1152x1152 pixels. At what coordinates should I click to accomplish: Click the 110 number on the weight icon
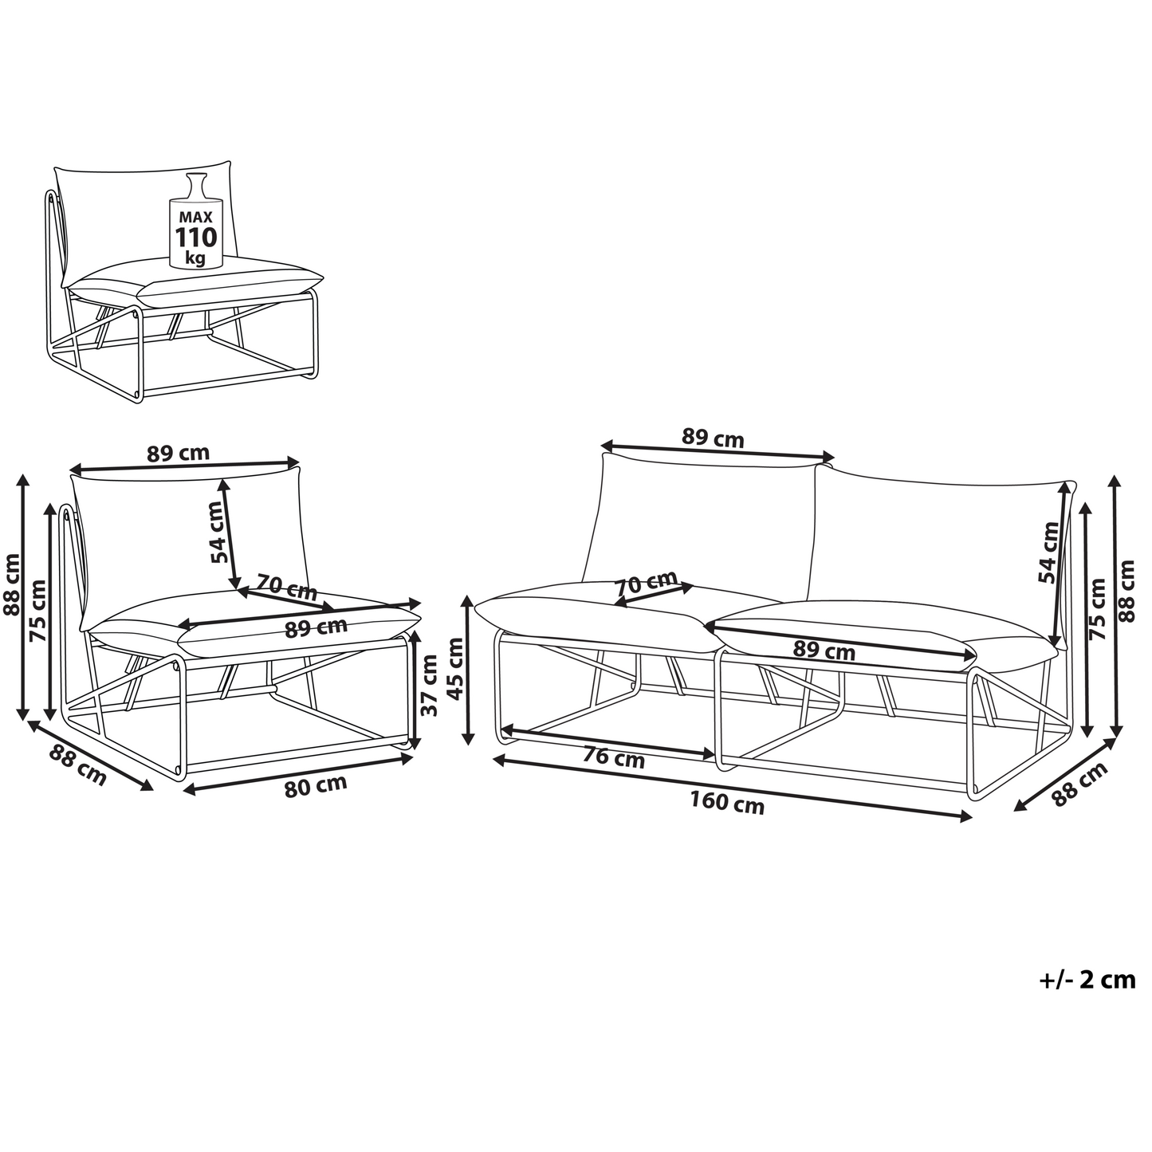pos(196,238)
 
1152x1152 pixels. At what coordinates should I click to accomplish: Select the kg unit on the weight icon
pos(195,258)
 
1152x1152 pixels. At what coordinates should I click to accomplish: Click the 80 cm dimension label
pos(315,785)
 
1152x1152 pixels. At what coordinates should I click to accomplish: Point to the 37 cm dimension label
pos(429,685)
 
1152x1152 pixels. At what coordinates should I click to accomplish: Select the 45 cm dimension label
pos(455,668)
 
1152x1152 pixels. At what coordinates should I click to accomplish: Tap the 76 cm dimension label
pos(613,759)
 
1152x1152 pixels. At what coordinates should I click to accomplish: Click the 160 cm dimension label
pos(727,803)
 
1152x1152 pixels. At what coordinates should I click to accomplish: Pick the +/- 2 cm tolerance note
pos(1087,980)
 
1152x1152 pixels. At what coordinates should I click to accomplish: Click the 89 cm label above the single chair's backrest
pos(178,453)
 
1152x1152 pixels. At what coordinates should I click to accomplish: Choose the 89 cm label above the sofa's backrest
pos(713,438)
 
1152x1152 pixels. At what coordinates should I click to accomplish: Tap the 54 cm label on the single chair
pos(218,532)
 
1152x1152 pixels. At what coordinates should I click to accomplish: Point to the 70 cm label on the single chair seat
pos(287,587)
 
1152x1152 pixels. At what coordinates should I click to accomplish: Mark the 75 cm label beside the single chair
pos(37,611)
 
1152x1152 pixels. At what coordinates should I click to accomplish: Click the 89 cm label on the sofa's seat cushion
pos(824,650)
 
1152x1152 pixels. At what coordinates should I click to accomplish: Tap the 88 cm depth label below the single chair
pos(77,766)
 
